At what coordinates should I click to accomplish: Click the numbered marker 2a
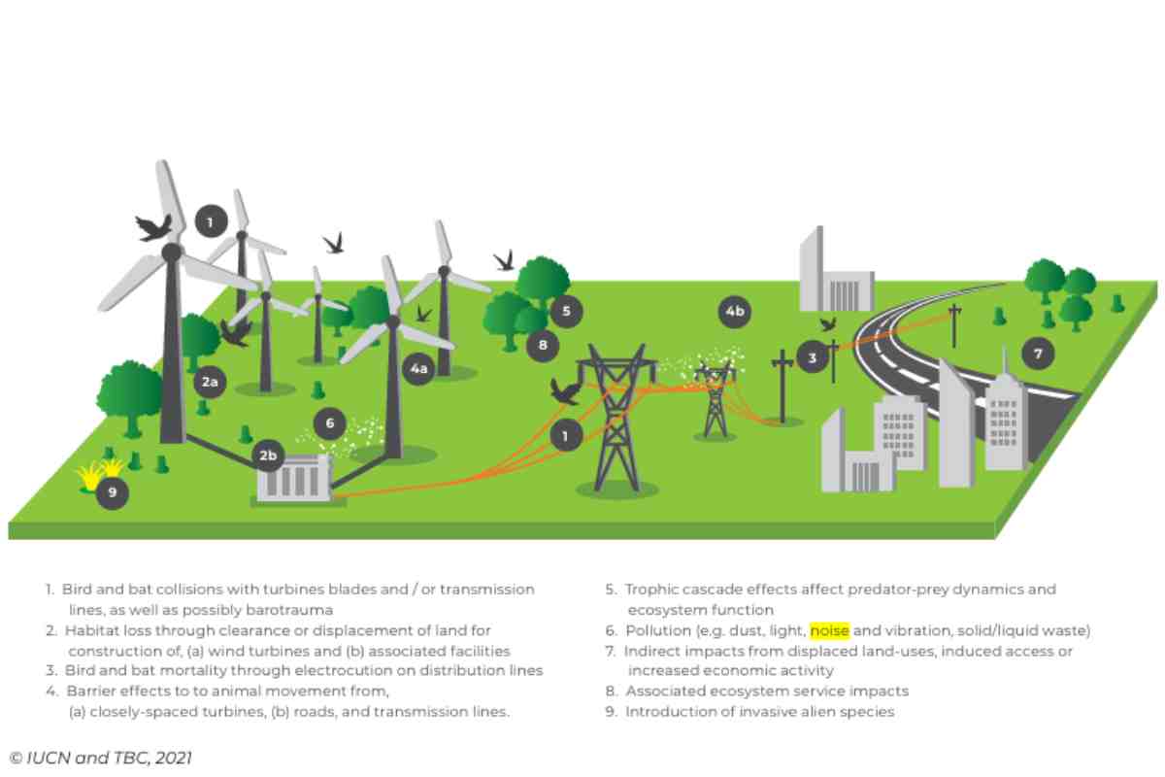click(x=210, y=383)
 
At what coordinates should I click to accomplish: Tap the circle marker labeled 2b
click(x=267, y=455)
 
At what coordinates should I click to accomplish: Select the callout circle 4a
click(x=417, y=369)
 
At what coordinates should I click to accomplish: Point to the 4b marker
click(x=735, y=312)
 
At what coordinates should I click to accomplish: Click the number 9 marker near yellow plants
click(x=113, y=492)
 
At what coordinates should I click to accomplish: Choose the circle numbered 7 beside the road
click(x=1038, y=354)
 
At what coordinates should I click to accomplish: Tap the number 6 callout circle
click(x=330, y=422)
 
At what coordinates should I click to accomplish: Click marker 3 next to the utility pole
click(x=813, y=357)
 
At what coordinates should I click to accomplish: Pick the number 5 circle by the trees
click(x=566, y=312)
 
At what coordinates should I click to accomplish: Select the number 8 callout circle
click(x=543, y=344)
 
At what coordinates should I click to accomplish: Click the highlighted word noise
click(x=829, y=631)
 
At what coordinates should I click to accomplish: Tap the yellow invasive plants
click(x=100, y=474)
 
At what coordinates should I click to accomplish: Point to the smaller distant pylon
click(x=715, y=398)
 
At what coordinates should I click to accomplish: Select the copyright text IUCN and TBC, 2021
click(x=101, y=758)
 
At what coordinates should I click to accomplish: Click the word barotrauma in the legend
click(x=292, y=610)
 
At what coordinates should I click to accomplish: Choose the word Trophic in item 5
click(x=649, y=590)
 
